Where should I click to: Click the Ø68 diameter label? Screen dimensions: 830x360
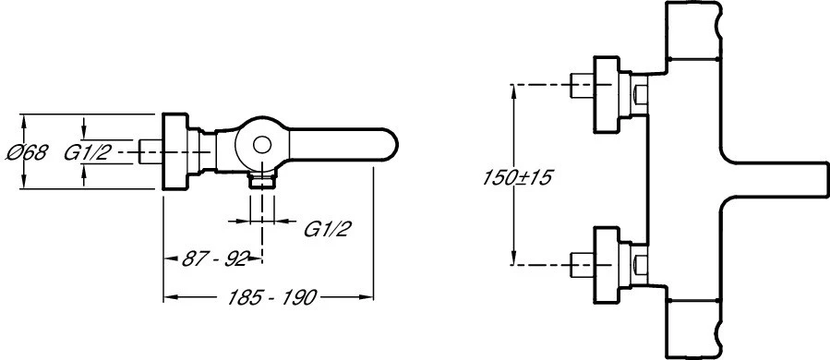click(27, 153)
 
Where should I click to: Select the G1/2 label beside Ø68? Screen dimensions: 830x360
click(88, 153)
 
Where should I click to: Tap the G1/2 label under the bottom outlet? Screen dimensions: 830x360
click(328, 229)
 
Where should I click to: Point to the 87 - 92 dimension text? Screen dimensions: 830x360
click(214, 258)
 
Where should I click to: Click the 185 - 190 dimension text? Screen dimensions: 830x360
click(271, 297)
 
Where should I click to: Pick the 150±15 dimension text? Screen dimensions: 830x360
click(517, 178)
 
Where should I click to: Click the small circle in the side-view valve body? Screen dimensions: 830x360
click(261, 145)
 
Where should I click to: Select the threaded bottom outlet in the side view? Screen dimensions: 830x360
click(262, 180)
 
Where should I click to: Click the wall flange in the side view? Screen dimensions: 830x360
click(174, 150)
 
